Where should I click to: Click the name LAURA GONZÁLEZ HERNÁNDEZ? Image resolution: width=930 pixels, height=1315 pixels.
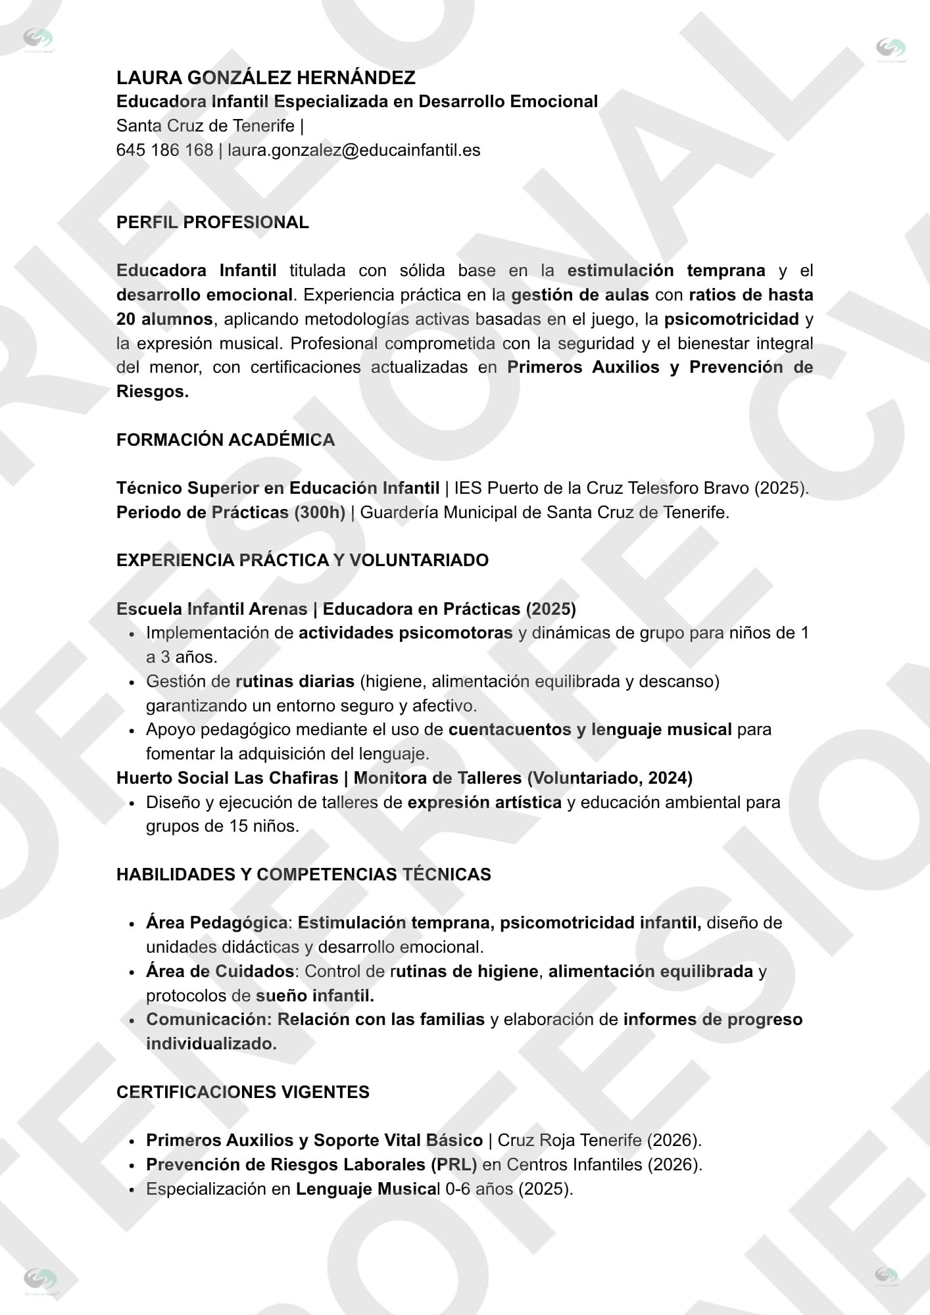pyautogui.click(x=266, y=78)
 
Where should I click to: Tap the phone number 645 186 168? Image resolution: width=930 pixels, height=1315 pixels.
pyautogui.click(x=164, y=150)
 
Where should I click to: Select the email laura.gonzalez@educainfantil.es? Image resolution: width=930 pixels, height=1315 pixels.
pyautogui.click(x=354, y=150)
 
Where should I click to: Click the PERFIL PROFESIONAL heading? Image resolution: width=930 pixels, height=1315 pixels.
pyautogui.click(x=212, y=222)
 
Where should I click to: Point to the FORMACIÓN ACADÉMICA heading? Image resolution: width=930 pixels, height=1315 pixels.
pyautogui.click(x=226, y=440)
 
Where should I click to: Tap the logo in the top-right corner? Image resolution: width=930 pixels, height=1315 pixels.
pyautogui.click(x=891, y=49)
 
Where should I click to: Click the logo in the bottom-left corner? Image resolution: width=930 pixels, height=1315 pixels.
pyautogui.click(x=39, y=1279)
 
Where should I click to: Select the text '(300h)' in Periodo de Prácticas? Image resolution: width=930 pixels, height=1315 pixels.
pyautogui.click(x=320, y=512)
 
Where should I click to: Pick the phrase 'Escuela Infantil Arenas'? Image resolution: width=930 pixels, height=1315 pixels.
pyautogui.click(x=212, y=609)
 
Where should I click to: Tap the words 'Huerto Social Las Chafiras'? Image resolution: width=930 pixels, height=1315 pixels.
pyautogui.click(x=227, y=778)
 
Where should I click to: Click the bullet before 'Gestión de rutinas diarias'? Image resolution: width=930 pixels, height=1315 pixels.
pyautogui.click(x=132, y=682)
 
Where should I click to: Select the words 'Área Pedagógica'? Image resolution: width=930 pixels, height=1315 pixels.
pyautogui.click(x=216, y=922)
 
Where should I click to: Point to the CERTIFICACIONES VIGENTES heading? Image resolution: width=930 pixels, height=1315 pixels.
pyautogui.click(x=243, y=1092)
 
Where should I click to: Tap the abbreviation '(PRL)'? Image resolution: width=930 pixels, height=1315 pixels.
pyautogui.click(x=454, y=1164)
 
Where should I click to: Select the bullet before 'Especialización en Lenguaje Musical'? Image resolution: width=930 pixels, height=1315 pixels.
pyautogui.click(x=132, y=1189)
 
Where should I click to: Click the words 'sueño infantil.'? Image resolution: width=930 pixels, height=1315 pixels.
pyautogui.click(x=315, y=995)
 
